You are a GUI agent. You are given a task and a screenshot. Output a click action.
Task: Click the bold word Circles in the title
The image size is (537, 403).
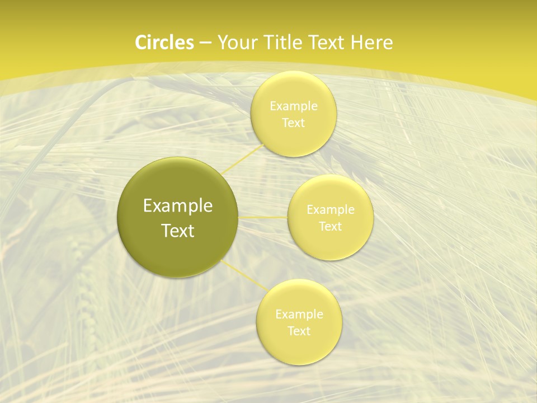164,43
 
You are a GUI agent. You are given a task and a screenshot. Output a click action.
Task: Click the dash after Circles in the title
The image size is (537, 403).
205,43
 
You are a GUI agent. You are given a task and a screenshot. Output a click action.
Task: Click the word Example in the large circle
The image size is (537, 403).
178,206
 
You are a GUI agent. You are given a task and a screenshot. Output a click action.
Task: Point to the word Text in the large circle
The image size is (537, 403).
178,231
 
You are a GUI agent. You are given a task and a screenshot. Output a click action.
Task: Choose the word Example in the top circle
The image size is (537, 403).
294,106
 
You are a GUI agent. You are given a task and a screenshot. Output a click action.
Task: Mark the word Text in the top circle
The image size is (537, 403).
293,123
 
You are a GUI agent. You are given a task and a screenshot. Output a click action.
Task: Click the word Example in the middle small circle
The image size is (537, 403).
331,210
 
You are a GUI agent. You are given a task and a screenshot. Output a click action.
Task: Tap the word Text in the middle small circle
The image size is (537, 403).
330,227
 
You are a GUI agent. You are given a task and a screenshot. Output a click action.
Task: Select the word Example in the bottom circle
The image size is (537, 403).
299,315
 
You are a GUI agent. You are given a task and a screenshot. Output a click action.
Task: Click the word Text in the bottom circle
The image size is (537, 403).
299,331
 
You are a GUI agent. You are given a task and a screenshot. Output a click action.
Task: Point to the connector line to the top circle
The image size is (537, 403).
243,158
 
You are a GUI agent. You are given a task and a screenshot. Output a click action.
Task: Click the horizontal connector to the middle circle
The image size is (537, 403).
263,217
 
